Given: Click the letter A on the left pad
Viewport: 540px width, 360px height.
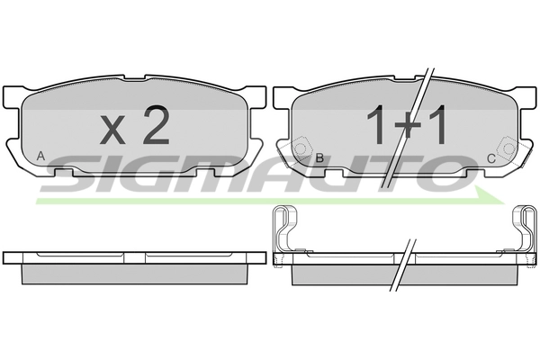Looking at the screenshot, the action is (x=40, y=156).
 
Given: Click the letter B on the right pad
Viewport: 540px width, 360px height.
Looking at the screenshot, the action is (x=319, y=157).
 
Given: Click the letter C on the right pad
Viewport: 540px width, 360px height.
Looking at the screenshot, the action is (x=491, y=158).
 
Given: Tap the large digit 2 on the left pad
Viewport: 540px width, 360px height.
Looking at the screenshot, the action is (x=157, y=124).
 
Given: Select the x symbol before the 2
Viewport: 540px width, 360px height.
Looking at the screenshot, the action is (x=112, y=130).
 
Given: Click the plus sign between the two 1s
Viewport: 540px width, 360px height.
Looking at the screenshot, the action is (x=408, y=127).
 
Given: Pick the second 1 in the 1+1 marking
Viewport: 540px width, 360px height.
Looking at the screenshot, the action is (x=436, y=124).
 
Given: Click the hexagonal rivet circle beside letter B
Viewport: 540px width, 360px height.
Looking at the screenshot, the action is (x=301, y=148).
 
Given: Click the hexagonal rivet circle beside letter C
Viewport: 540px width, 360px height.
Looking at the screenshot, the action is (x=508, y=148).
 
